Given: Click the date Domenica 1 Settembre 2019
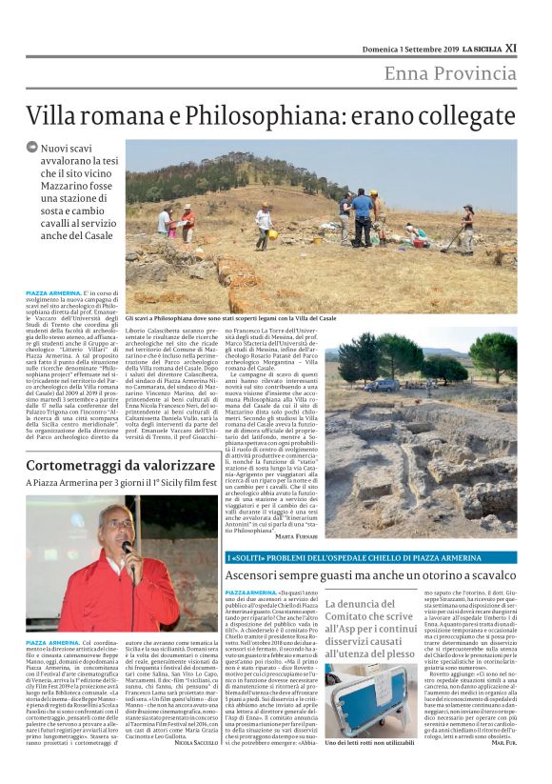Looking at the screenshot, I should (x=406, y=48).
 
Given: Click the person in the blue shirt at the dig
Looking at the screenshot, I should (x=363, y=213).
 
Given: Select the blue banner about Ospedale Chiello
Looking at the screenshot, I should (x=371, y=556).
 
